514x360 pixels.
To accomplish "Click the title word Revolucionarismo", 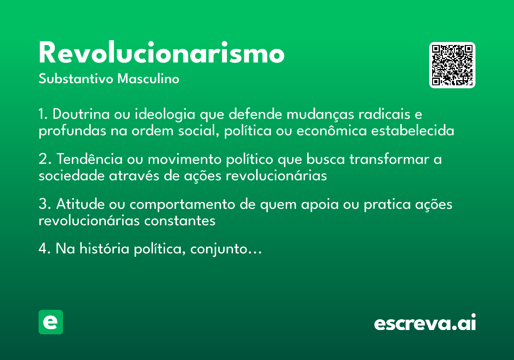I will point(161,54).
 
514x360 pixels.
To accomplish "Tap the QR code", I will point(452,65).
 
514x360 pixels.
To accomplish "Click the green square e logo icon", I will point(51,322).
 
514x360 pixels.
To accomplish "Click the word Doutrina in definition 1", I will point(81,115).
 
